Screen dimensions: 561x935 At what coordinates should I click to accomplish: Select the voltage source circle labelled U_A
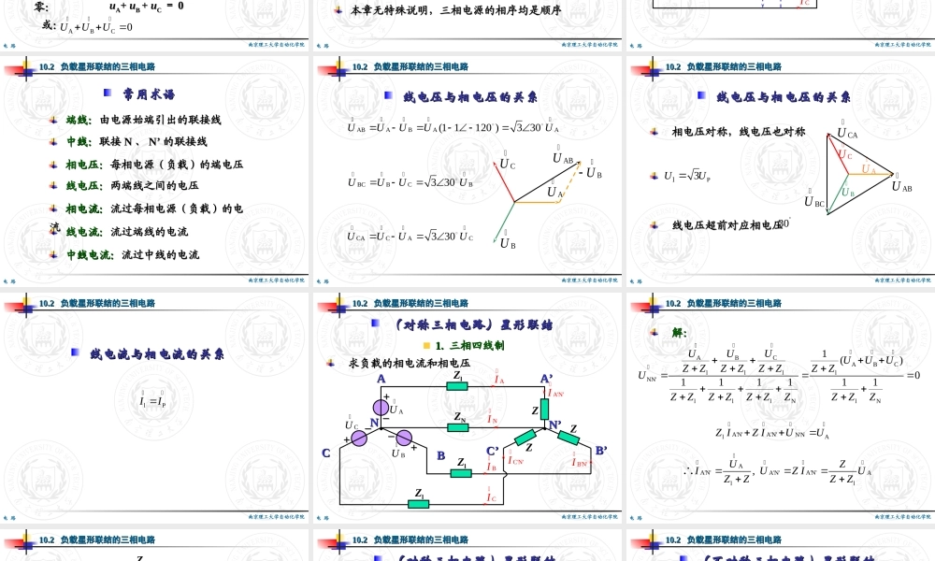(x=381, y=407)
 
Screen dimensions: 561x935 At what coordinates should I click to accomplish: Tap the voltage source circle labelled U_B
(x=405, y=439)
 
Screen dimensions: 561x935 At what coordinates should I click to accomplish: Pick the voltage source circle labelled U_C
(x=360, y=439)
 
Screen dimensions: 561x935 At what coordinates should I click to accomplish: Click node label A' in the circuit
(x=547, y=379)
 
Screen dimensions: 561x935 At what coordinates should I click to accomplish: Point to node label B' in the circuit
(x=601, y=450)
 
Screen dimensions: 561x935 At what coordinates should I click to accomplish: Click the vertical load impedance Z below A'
(x=546, y=411)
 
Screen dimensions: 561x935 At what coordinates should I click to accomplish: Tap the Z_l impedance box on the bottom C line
(x=418, y=504)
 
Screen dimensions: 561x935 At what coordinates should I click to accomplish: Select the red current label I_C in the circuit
(x=490, y=496)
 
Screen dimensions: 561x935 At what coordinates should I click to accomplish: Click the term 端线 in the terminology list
(x=78, y=120)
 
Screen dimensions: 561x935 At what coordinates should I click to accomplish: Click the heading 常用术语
(x=149, y=94)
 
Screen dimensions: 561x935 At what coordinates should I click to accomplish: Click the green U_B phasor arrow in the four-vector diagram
(x=509, y=221)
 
